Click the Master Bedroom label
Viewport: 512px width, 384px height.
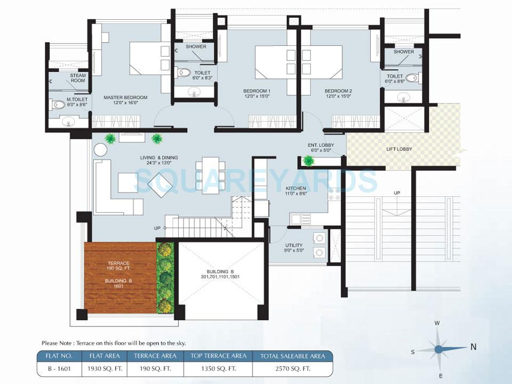[125, 97]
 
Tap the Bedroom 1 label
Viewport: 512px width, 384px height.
[257, 91]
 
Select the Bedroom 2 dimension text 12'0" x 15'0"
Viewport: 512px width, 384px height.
[338, 97]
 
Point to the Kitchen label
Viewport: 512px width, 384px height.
[295, 189]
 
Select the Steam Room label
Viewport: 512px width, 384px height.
[78, 78]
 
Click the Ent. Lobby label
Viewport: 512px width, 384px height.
[319, 145]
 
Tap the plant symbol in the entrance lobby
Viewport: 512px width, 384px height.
[308, 160]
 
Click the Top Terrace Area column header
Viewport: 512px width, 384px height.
[213, 356]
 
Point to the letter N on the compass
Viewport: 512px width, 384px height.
[473, 347]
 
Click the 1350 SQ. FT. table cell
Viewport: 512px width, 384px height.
[213, 369]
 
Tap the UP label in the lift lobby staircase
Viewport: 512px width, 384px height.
[396, 193]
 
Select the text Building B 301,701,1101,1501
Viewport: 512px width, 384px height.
[221, 274]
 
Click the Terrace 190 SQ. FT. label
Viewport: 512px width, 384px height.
[118, 266]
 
